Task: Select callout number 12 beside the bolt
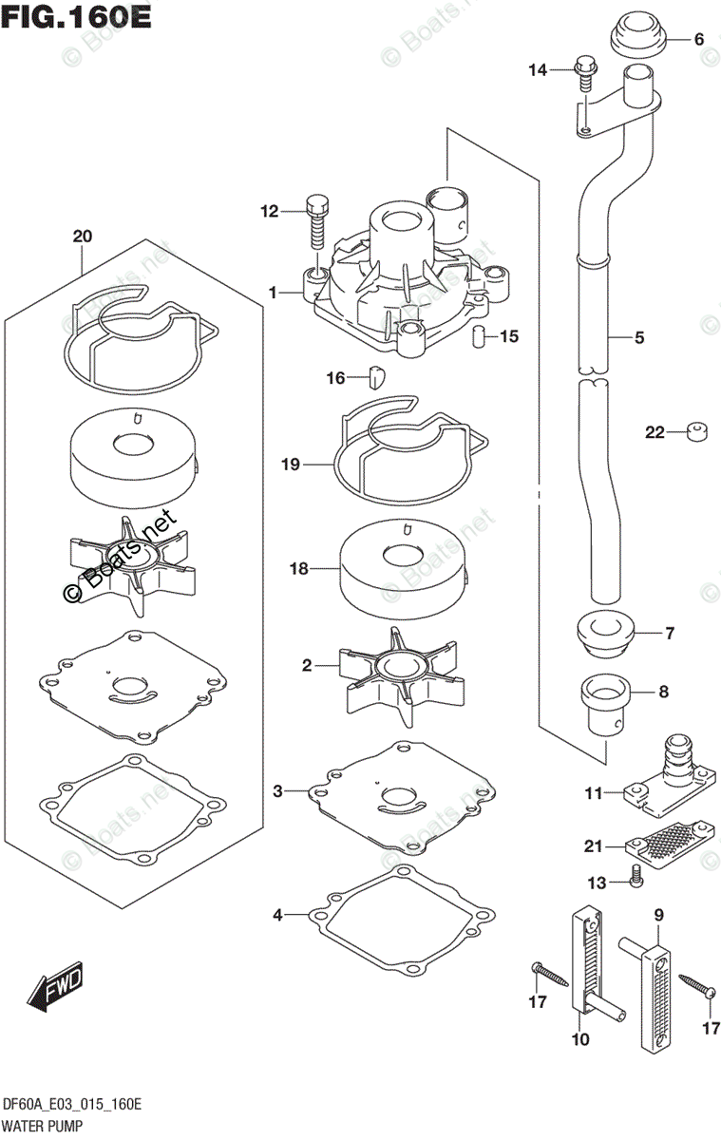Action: pyautogui.click(x=269, y=211)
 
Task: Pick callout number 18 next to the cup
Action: pyautogui.click(x=299, y=568)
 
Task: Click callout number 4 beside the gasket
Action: pyautogui.click(x=277, y=915)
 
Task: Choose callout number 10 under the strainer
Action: pyautogui.click(x=580, y=1039)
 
